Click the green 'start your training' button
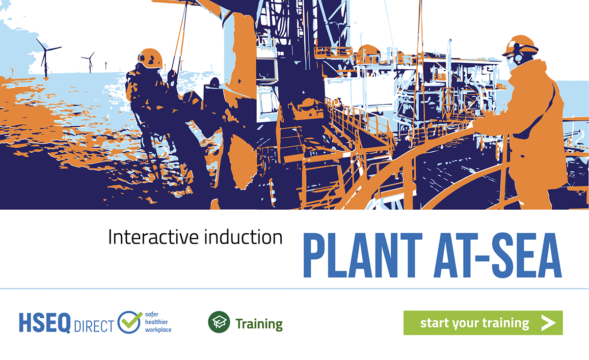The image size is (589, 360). tap(483, 323)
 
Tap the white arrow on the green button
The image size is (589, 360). tap(548, 323)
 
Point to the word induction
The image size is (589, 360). tap(243, 237)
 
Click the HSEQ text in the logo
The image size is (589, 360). tap(45, 323)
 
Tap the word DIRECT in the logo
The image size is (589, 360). tap(94, 326)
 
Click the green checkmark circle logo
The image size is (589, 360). tap(130, 322)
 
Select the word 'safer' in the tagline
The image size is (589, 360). tap(152, 314)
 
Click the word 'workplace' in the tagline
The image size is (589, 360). tap(158, 330)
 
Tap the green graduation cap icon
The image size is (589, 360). tap(219, 322)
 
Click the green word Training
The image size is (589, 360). tap(259, 324)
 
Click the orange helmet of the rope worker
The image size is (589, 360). tap(150, 58)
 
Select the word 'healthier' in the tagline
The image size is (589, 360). tap(157, 322)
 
